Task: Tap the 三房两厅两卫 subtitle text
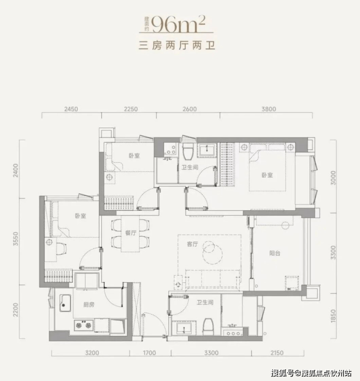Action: pos(177,46)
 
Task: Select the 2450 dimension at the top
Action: pos(71,109)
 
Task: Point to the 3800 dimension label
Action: pos(269,109)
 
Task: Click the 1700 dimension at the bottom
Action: pos(149,353)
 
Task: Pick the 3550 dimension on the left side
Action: pos(16,239)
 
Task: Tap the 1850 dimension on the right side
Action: pos(333,316)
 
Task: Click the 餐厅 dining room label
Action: pos(130,233)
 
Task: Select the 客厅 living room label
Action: pos(193,244)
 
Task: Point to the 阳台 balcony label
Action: pos(275,253)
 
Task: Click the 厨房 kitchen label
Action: pos(89,304)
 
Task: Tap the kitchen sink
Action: pos(65,303)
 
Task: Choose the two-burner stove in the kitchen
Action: pos(84,325)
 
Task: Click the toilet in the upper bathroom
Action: pos(188,151)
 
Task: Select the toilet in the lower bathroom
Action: pos(208,327)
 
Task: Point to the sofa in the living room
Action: pos(213,278)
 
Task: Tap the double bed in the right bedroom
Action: pos(267,167)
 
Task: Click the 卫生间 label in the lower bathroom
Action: pos(205,302)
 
